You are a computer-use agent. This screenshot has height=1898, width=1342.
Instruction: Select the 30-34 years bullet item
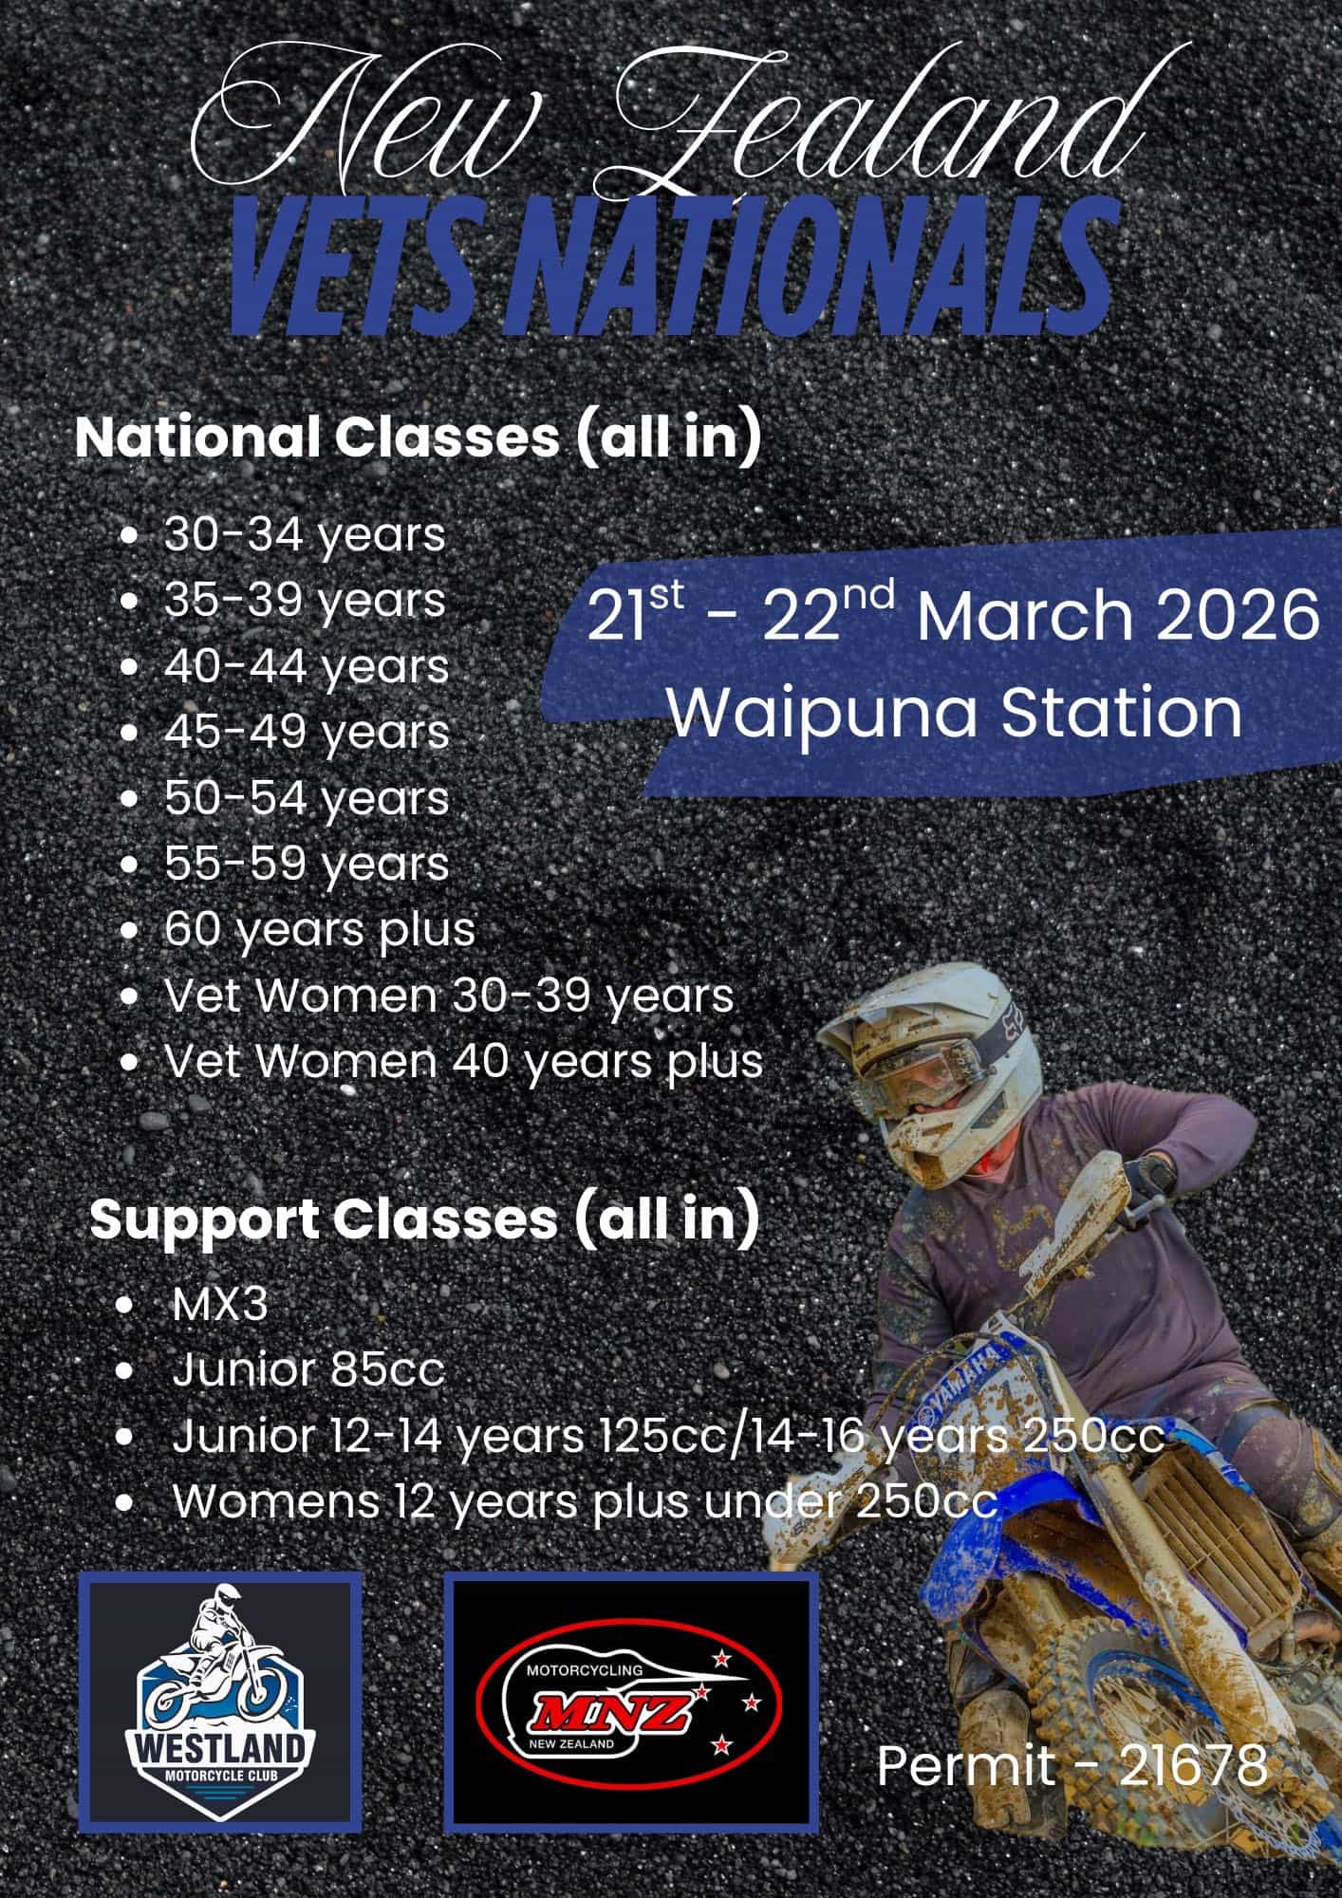[305, 534]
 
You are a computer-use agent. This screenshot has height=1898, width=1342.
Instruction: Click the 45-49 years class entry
[307, 732]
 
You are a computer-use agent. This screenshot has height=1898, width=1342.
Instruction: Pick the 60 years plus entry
[320, 929]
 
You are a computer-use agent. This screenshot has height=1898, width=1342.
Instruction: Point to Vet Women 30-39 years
[449, 996]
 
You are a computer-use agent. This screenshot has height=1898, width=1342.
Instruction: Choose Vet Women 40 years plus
[464, 1061]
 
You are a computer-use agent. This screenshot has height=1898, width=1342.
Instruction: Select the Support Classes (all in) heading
[424, 1219]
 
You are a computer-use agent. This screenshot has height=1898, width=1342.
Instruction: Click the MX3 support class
[220, 1305]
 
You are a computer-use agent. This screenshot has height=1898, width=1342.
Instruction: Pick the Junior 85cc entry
[308, 1370]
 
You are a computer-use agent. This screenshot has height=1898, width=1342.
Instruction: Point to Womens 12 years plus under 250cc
[586, 1501]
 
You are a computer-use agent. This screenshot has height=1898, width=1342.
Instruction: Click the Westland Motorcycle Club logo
[220, 1698]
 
